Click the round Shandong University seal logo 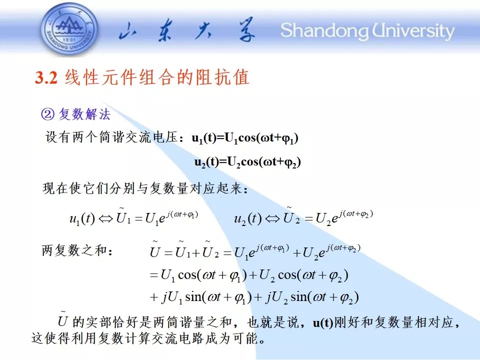click(x=69, y=30)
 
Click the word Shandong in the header click(x=324, y=31)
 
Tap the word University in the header click(x=413, y=31)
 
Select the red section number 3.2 click(x=46, y=77)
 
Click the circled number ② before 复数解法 click(x=48, y=114)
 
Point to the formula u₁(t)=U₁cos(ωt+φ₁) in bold click(x=245, y=138)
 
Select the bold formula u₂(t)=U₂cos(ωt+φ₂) click(x=247, y=162)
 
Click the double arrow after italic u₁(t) click(x=105, y=219)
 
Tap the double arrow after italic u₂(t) click(x=272, y=219)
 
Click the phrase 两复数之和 click(x=74, y=250)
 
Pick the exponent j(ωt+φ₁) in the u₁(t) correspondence click(x=182, y=214)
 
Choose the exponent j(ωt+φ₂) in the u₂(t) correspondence click(x=356, y=214)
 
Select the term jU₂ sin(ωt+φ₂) click(x=312, y=297)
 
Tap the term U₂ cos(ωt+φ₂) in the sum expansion click(x=303, y=275)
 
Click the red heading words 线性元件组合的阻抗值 click(x=156, y=77)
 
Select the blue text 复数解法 click(x=84, y=114)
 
